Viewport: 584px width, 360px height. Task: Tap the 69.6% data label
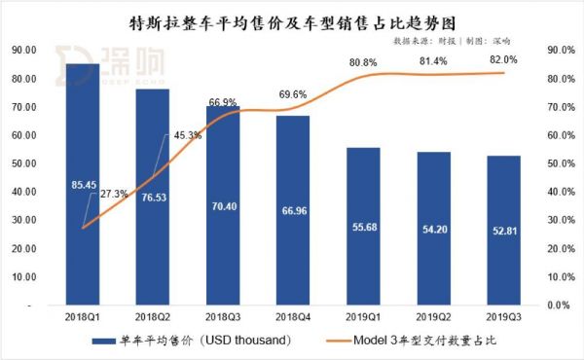pos(292,94)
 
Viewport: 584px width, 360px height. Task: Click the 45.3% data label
pos(186,135)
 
